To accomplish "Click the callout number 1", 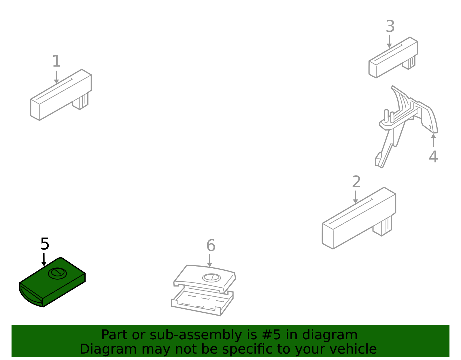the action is (x=56, y=61).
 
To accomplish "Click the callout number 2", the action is (x=356, y=182).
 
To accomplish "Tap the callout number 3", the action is (x=390, y=26).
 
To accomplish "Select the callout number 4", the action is (x=433, y=157).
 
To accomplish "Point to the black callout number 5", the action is (x=45, y=244).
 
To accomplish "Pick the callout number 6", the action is (x=211, y=246).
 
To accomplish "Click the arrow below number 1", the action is (x=56, y=77).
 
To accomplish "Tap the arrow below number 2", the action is (x=355, y=197).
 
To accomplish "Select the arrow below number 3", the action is (x=389, y=42).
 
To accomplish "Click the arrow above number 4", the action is (x=433, y=140).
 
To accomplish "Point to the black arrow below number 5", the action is (x=44, y=260).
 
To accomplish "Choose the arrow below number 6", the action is (x=209, y=261).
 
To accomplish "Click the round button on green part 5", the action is (x=57, y=274).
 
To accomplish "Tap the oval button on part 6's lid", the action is (x=211, y=278).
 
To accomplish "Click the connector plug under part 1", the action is (x=80, y=101).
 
